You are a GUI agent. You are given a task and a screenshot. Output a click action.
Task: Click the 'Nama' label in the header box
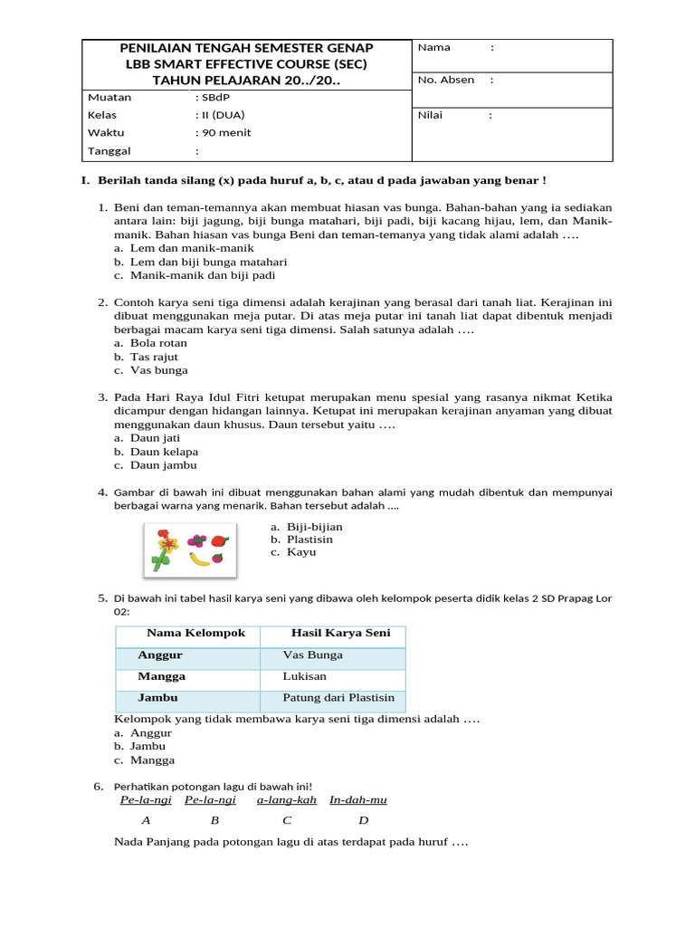(x=434, y=48)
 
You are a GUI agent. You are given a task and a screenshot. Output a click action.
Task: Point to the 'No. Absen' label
(x=445, y=80)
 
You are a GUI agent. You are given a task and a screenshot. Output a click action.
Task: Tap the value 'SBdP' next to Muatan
(x=212, y=98)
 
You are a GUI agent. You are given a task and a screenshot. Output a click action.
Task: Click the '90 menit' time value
(x=223, y=132)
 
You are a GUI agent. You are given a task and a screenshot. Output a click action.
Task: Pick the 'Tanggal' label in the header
(x=109, y=150)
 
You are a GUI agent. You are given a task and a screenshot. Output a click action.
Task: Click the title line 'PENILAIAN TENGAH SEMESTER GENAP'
(x=247, y=48)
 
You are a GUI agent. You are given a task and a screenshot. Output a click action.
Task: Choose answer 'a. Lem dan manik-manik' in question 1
(x=184, y=248)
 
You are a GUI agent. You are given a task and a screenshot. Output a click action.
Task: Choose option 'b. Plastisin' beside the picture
(x=301, y=540)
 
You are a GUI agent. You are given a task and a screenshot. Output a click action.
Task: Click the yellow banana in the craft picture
(x=199, y=559)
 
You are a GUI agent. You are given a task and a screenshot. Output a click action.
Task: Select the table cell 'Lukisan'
(x=305, y=676)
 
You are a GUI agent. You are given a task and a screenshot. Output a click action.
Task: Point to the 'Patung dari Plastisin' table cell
(x=338, y=698)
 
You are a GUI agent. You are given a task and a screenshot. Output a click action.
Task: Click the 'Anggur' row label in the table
(x=160, y=655)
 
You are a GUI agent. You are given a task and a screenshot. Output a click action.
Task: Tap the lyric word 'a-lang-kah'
(x=286, y=800)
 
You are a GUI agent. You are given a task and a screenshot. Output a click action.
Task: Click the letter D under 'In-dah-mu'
(x=363, y=821)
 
